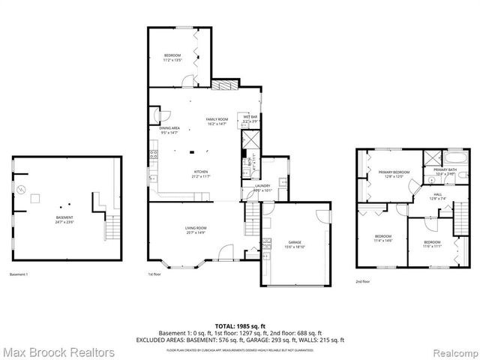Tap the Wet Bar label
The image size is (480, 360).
[250, 118]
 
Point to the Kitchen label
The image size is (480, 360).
[201, 173]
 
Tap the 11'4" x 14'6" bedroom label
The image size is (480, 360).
[383, 238]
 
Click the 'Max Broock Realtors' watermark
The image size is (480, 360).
[58, 352]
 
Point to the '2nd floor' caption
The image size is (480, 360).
[363, 282]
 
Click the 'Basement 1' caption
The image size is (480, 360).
[19, 274]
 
